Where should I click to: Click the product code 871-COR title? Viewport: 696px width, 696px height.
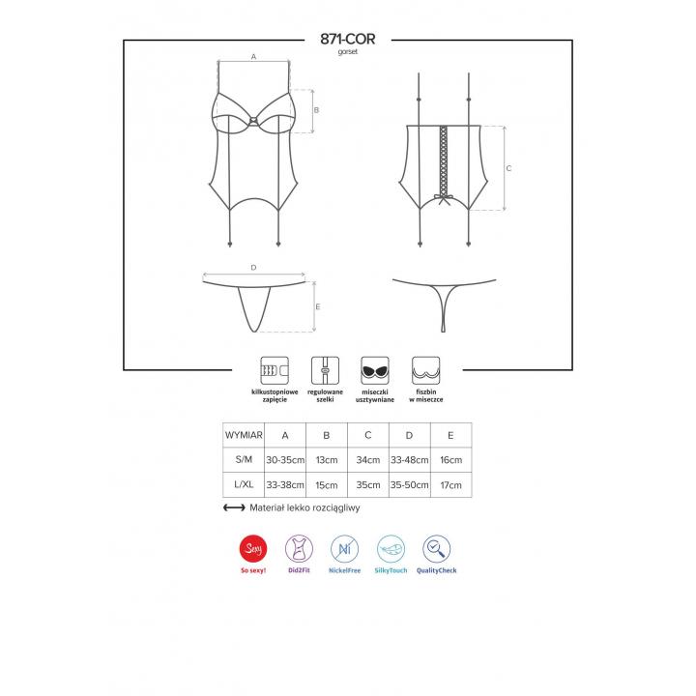click(348, 39)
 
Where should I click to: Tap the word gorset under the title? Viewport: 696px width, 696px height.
click(348, 52)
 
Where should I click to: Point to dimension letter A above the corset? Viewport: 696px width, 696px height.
click(253, 56)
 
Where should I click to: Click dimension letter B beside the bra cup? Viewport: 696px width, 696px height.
click(316, 109)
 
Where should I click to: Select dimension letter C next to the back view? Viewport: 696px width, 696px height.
click(508, 168)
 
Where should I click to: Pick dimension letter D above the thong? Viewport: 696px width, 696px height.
click(253, 267)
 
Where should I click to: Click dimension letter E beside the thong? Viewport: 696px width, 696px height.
click(318, 306)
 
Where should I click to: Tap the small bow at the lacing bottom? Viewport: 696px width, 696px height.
click(444, 199)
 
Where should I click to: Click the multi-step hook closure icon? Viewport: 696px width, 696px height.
click(275, 370)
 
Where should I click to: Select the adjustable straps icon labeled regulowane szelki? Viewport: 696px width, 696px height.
click(325, 370)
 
